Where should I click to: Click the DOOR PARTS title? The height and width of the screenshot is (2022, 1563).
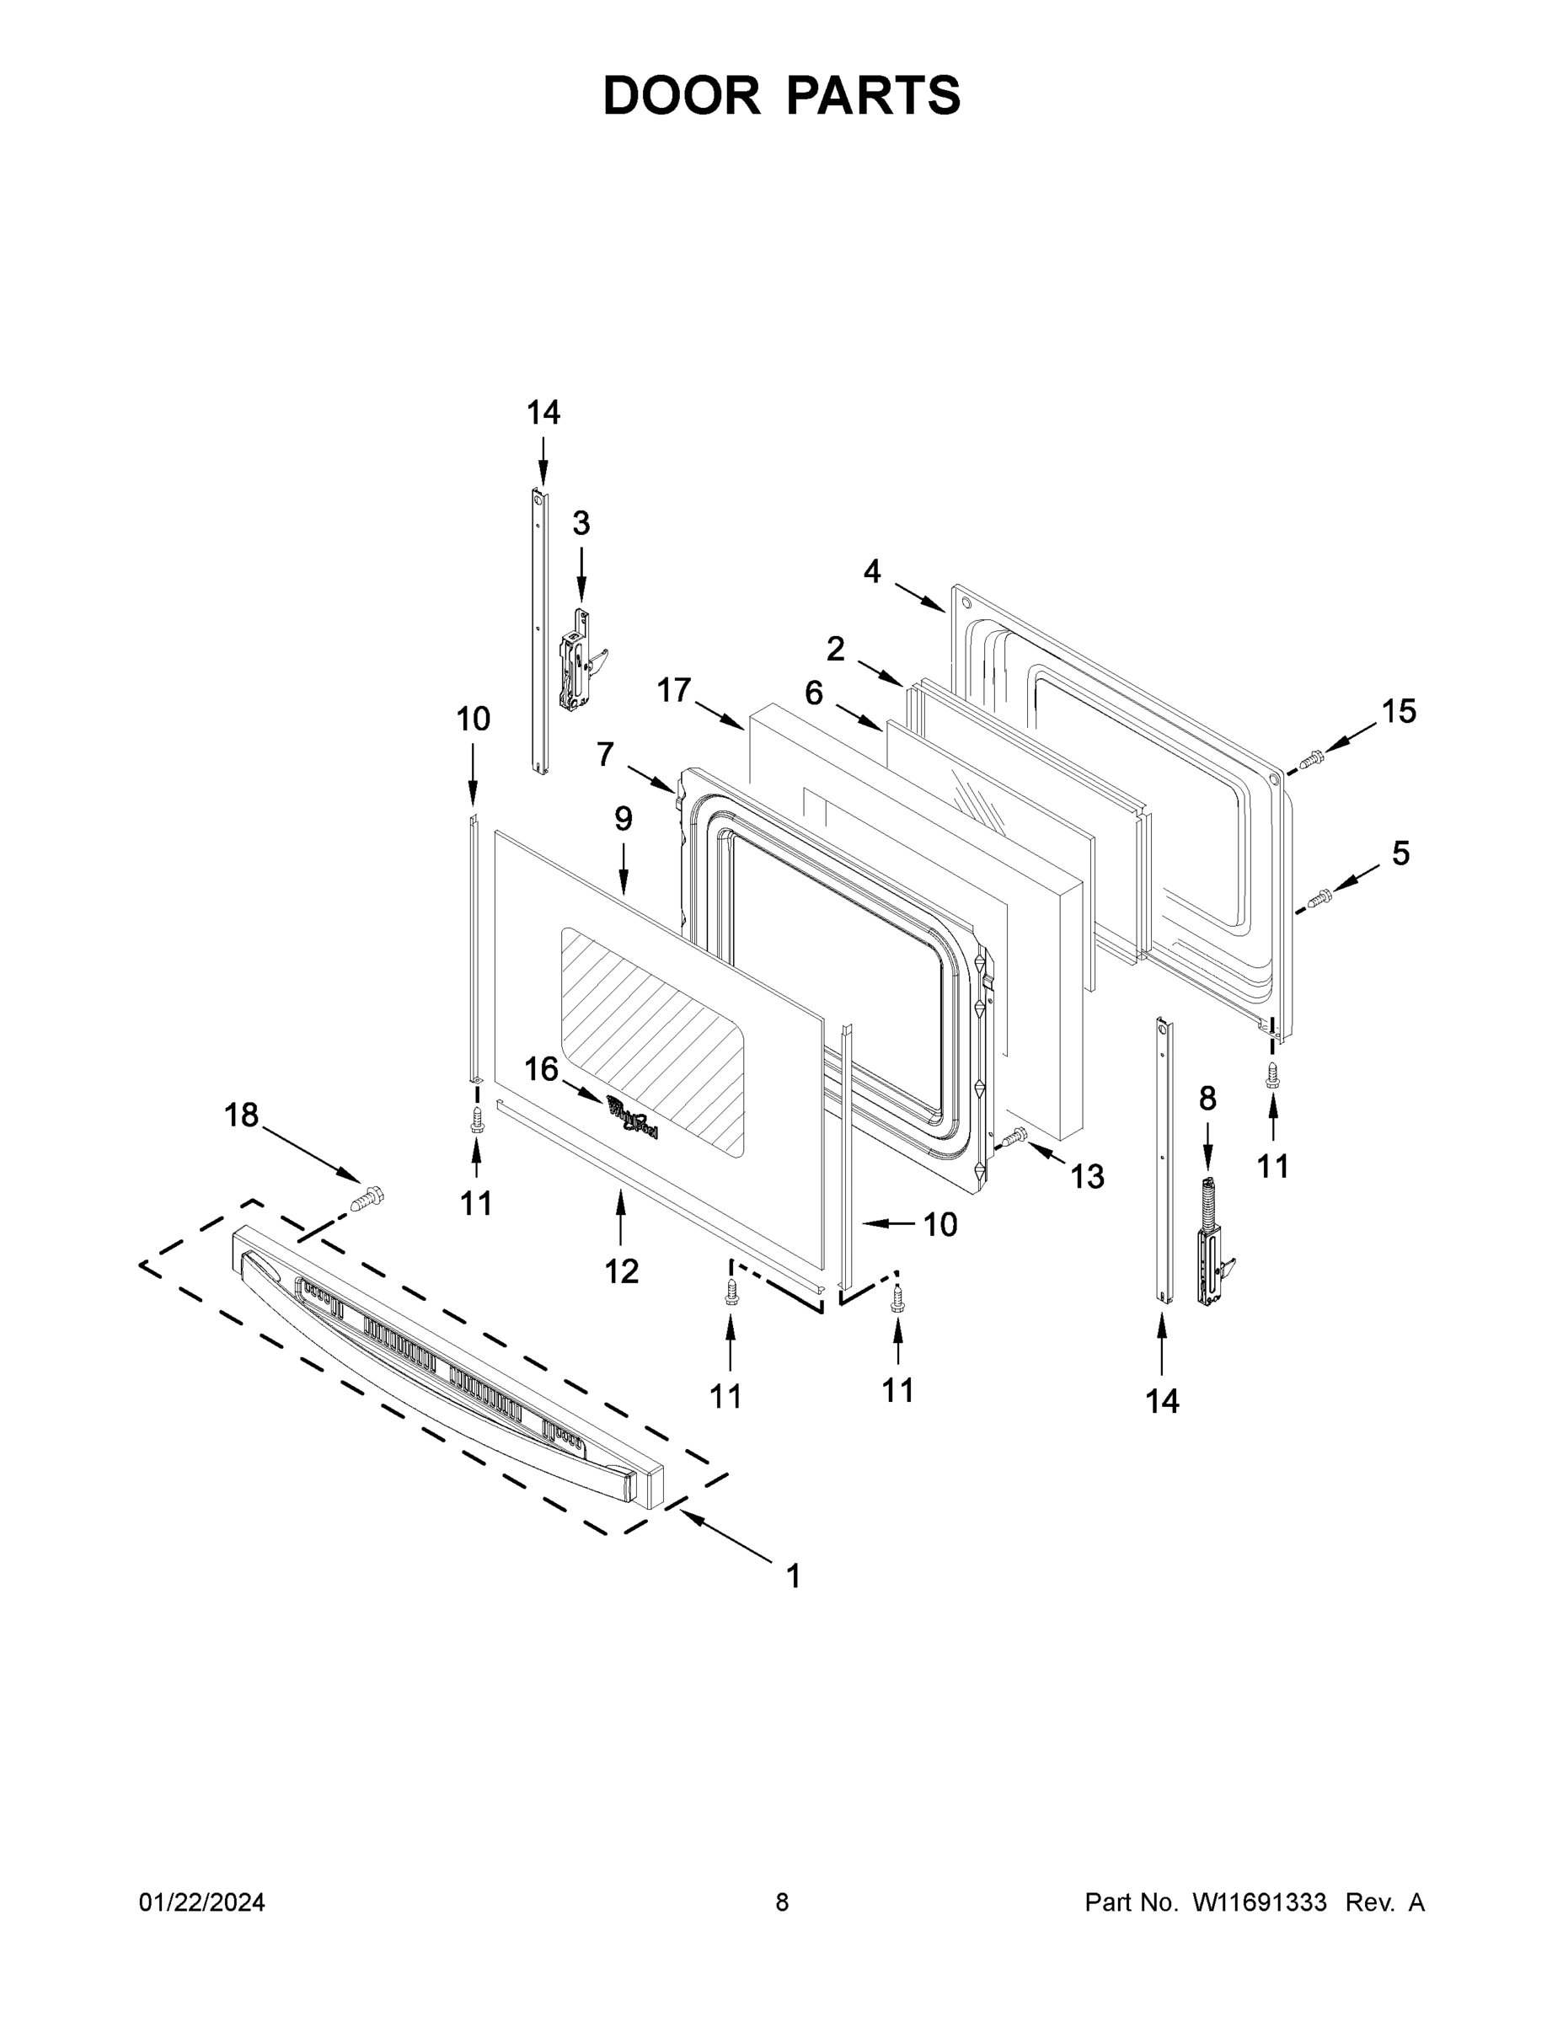point(782,95)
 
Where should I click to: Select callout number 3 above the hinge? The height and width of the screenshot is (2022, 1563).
point(581,524)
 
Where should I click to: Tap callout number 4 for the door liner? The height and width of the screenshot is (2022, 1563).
point(871,572)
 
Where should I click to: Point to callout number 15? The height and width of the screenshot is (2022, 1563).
point(1398,711)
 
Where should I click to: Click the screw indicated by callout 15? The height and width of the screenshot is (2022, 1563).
point(1311,760)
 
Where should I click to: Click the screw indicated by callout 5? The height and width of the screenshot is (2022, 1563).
point(1319,897)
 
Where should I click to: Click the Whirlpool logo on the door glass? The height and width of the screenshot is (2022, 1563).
point(633,1116)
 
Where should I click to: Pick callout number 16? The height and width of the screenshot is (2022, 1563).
point(542,1069)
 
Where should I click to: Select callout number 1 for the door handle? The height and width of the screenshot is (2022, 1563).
point(794,1575)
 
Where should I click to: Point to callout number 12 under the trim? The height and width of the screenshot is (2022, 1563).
point(621,1271)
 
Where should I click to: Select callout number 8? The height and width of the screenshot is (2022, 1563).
point(1207,1099)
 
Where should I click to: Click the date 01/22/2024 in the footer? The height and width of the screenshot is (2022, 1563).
point(202,1902)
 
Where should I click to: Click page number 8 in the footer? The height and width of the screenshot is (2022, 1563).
point(782,1902)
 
